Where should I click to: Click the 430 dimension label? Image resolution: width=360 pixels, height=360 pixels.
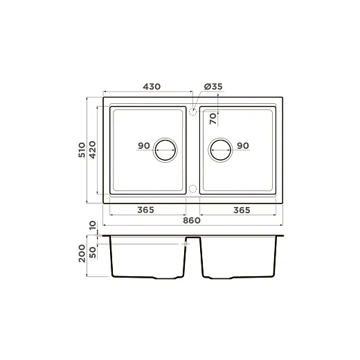point(152,87)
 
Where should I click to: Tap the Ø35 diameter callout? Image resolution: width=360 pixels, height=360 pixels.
point(213,87)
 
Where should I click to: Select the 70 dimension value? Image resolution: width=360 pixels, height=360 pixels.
point(213,118)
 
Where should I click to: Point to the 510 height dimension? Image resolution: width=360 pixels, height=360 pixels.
point(82,150)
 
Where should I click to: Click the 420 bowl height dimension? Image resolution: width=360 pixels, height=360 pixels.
point(92,150)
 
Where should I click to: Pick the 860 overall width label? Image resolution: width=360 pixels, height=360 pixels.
point(192,220)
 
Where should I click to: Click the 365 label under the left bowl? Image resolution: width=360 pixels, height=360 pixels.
point(145,210)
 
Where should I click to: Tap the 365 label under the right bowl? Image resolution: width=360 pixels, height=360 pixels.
point(242,210)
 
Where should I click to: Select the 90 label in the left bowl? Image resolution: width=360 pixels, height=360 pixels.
point(144,145)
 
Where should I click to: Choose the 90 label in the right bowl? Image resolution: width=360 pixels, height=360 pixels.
point(243,145)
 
